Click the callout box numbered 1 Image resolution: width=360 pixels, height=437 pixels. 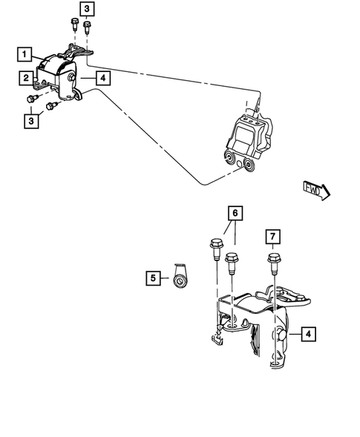(x=25, y=54)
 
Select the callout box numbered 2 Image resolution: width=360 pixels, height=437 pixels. (x=25, y=77)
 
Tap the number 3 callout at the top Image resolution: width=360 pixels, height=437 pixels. (x=87, y=9)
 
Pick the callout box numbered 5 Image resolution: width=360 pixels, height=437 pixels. (x=153, y=277)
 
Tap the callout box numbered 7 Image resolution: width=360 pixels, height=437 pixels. (x=272, y=237)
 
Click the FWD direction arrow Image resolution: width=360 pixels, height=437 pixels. (x=316, y=191)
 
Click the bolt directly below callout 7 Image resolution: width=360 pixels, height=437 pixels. (x=272, y=262)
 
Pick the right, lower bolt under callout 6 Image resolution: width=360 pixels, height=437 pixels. (x=232, y=260)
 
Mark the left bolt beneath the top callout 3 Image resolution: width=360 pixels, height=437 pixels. (x=75, y=24)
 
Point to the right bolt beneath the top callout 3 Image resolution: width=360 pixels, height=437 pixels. (x=88, y=29)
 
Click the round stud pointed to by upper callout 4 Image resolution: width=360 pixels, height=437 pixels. (x=71, y=79)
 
